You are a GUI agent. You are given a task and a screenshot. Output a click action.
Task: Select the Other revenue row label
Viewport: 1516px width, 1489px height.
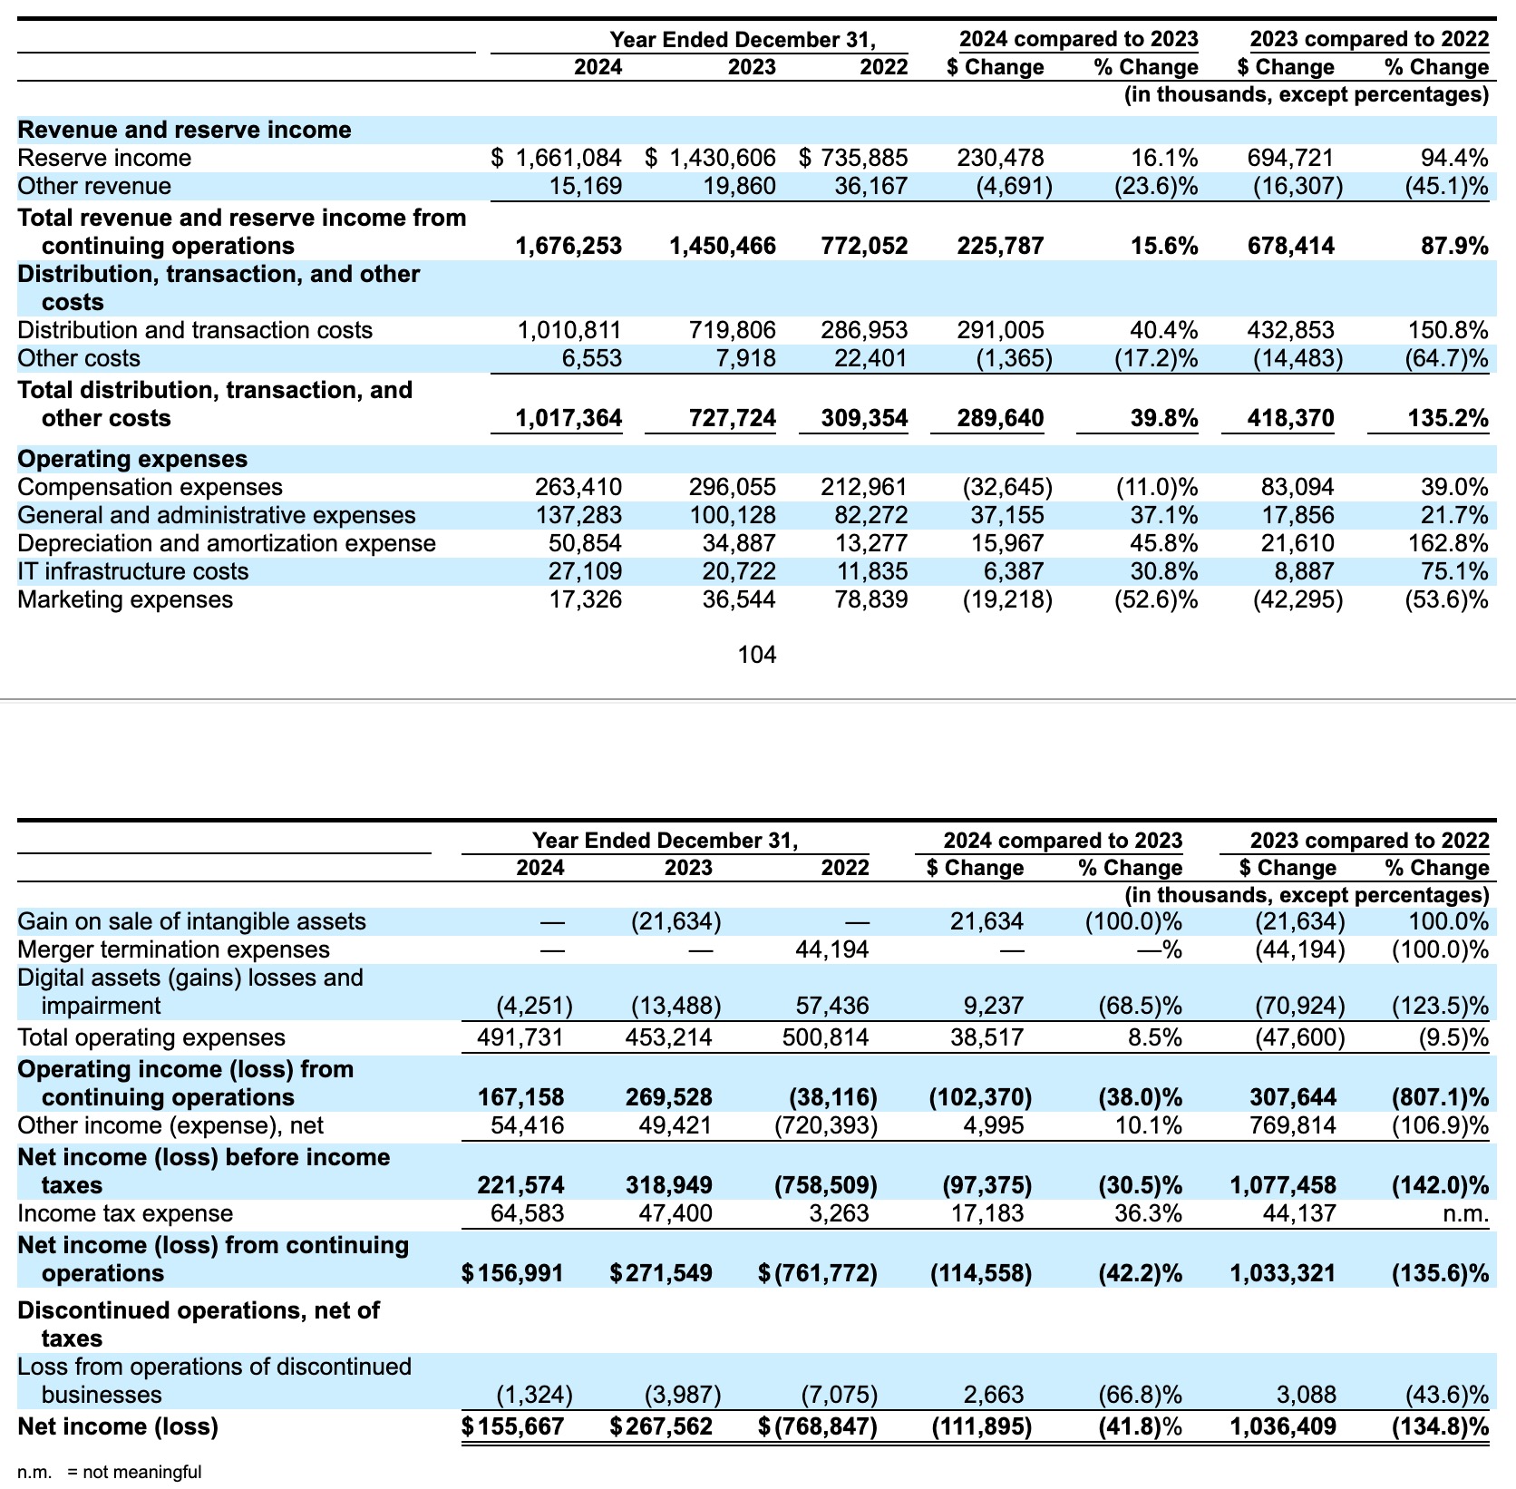tap(94, 186)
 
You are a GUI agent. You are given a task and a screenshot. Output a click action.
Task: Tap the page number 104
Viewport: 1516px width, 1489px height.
tap(757, 655)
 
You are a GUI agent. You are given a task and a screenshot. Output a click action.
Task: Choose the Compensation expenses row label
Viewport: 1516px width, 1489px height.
tap(150, 487)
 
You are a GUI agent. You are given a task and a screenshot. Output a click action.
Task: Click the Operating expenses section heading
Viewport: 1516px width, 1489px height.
tap(132, 459)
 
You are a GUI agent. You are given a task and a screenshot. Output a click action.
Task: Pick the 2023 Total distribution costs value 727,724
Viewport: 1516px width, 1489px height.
tap(722, 418)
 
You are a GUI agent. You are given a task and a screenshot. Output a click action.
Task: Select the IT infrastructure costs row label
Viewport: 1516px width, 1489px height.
tap(132, 571)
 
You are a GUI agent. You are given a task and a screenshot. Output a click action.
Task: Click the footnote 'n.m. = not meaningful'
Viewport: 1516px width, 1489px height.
tap(110, 1472)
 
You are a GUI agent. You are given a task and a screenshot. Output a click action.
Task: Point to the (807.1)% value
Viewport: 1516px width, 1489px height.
tap(1440, 1097)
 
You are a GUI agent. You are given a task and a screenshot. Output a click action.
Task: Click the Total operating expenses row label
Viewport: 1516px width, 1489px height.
tap(151, 1037)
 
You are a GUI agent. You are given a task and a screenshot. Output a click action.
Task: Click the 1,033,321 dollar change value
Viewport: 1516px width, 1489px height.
tap(1282, 1273)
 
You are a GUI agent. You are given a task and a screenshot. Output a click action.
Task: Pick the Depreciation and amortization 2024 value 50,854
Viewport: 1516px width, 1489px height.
tap(585, 543)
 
